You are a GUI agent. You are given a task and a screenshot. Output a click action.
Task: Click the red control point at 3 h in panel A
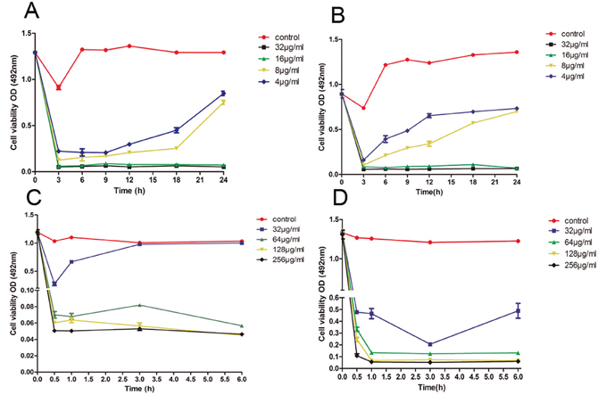click(x=58, y=87)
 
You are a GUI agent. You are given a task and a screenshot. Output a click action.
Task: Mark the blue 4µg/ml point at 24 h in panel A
click(x=223, y=93)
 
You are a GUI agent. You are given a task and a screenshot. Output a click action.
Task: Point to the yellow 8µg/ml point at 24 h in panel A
click(x=223, y=102)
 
